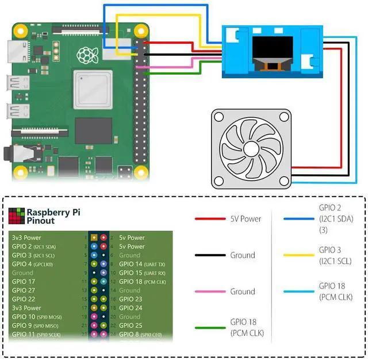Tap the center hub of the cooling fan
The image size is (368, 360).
[251, 148]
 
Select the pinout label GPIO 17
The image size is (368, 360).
[24, 281]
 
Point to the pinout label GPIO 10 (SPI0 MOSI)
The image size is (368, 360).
[37, 317]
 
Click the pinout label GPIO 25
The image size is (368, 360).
[131, 325]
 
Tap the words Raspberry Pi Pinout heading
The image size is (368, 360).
[53, 216]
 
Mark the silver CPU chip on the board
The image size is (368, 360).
[92, 90]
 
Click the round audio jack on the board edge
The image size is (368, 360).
[7, 154]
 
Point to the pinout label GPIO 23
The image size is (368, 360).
[131, 299]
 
